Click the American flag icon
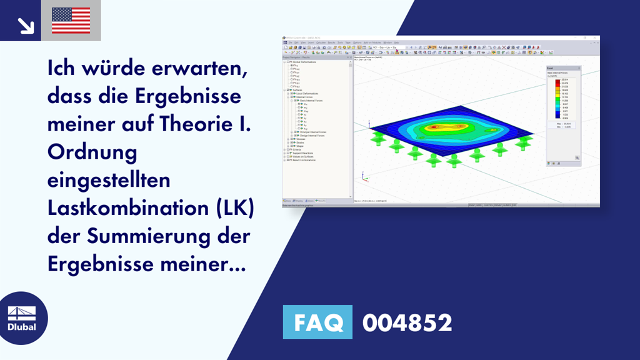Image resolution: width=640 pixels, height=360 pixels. pyautogui.click(x=71, y=21)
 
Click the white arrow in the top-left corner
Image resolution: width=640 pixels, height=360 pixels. pyautogui.click(x=25, y=24)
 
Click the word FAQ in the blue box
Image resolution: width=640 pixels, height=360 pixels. pyautogui.click(x=317, y=322)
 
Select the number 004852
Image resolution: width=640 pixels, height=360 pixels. pyautogui.click(x=407, y=322)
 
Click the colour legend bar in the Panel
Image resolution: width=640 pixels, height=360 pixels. pyautogui.click(x=557, y=99)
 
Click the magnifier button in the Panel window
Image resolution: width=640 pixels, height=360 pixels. pyautogui.click(x=577, y=157)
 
